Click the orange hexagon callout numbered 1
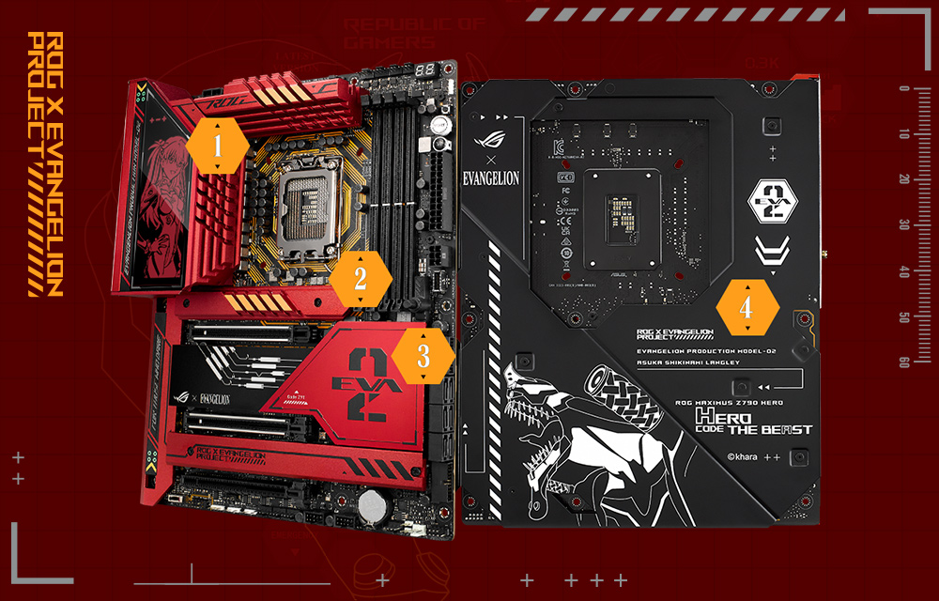(218, 146)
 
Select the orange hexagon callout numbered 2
(360, 279)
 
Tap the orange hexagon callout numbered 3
(423, 357)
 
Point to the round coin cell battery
(377, 503)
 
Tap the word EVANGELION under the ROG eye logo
(493, 179)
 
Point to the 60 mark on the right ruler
(903, 362)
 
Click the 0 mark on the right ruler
(903, 89)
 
